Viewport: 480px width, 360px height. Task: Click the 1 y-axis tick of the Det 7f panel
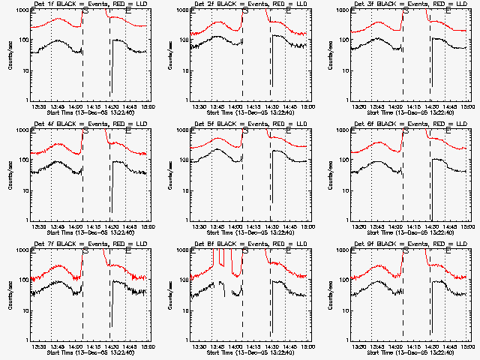click(x=26, y=340)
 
